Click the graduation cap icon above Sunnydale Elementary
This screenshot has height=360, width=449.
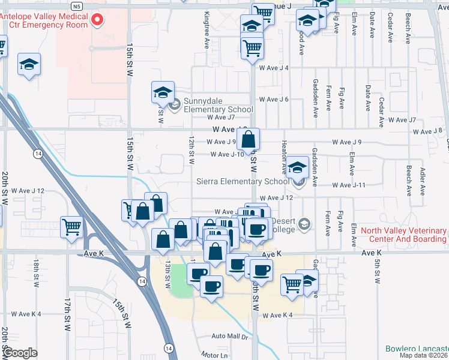pos(162,93)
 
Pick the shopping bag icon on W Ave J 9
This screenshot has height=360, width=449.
pos(248,140)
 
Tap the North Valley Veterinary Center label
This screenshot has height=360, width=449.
pos(400,235)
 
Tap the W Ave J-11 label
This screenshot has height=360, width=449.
pos(348,185)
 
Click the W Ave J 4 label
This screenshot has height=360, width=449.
pos(274,68)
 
